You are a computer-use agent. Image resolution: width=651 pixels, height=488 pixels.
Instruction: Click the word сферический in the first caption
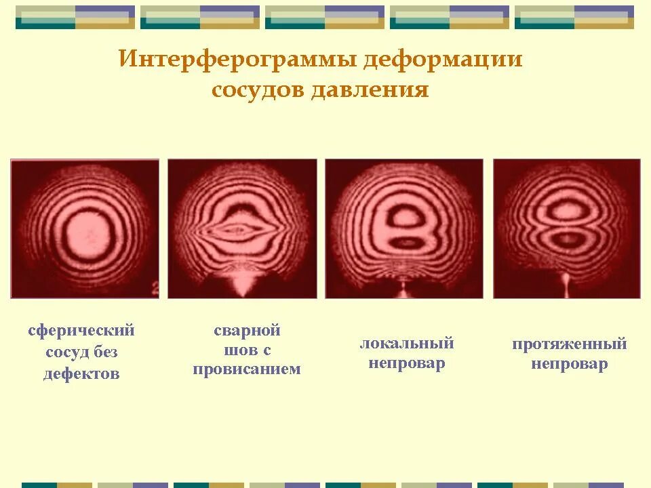tap(81, 331)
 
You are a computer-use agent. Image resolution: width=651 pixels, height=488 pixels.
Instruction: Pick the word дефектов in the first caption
tap(81, 373)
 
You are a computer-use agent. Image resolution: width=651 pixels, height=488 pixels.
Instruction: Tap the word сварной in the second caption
tap(247, 331)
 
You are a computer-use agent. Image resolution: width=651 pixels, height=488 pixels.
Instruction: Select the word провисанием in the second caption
tap(247, 370)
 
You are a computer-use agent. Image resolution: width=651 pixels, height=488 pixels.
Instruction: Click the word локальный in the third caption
tap(407, 343)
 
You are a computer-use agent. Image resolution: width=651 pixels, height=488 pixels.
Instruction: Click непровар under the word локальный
tap(407, 363)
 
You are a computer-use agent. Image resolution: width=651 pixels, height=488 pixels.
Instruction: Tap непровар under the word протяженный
tap(570, 365)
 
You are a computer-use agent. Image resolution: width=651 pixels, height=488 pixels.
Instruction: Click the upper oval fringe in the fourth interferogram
tap(566, 211)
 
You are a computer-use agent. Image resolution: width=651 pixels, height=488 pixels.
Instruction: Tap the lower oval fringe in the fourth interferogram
tap(566, 238)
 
